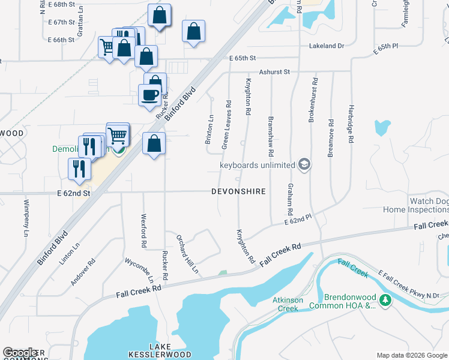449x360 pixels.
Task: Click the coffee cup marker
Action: coord(149,94)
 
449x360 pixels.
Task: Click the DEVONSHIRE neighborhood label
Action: coord(238,192)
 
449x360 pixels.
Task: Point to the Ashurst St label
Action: coord(274,72)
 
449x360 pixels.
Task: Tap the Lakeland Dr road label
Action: coord(327,46)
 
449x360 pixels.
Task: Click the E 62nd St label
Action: coord(73,193)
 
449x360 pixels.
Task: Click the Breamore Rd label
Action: coord(331,138)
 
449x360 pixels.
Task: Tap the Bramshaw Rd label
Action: coord(271,133)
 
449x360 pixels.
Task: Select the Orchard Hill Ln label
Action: coord(187,252)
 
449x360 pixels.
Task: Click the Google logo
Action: coord(21,353)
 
